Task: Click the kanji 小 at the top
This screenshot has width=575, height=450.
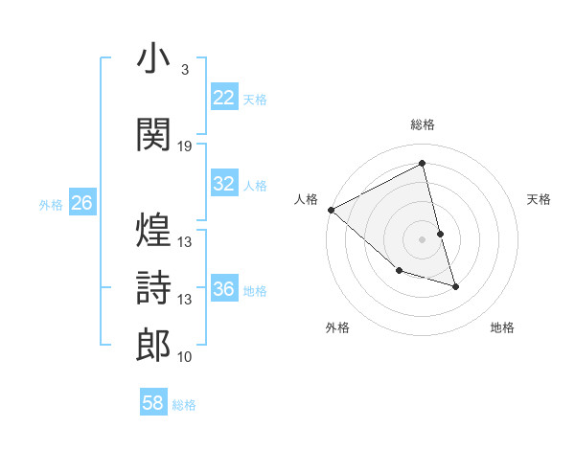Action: (153, 60)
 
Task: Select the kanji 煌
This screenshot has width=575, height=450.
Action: (153, 230)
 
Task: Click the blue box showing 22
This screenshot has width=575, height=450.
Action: (223, 98)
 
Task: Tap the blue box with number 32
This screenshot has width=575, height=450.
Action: (223, 185)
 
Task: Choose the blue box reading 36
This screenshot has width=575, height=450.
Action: (223, 289)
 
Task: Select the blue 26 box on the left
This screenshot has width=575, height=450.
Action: (81, 203)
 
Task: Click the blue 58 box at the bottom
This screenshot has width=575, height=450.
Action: (153, 403)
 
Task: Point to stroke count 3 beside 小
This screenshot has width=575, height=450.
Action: (184, 70)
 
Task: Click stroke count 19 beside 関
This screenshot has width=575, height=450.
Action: (185, 146)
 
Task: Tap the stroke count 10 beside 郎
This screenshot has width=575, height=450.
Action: (185, 357)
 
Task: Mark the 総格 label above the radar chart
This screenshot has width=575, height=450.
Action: (423, 124)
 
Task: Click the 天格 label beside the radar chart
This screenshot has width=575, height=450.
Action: (540, 199)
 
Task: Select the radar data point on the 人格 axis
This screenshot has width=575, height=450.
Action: (331, 209)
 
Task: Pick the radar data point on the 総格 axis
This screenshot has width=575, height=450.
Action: (423, 164)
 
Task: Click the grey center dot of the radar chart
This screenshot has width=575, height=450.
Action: (423, 238)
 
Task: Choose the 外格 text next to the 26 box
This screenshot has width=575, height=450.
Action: (50, 204)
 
